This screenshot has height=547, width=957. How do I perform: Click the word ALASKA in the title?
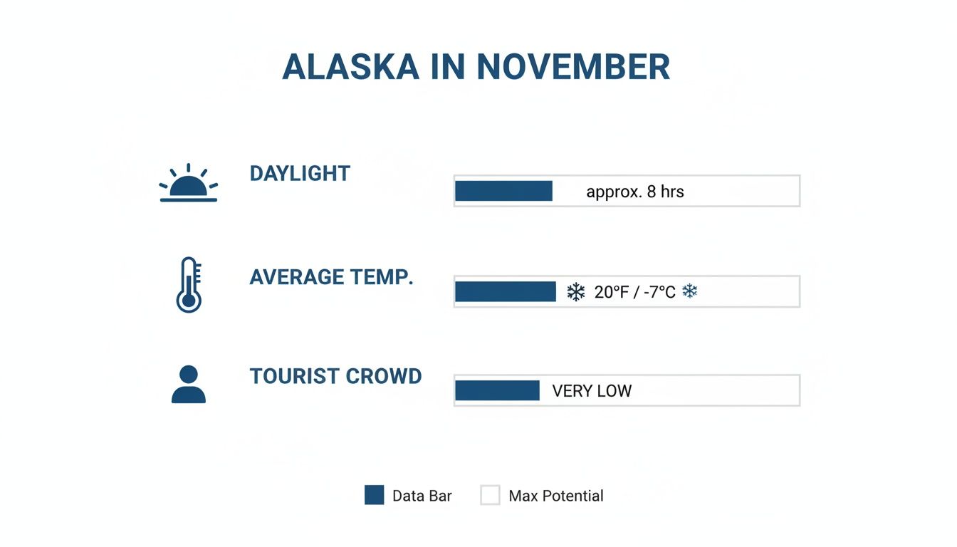point(350,67)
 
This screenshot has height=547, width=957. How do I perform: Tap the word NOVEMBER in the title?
point(573,67)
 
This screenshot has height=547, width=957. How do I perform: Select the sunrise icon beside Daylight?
point(189,184)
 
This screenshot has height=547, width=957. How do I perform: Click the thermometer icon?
point(189,284)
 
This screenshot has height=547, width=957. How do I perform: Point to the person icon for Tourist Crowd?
point(189,385)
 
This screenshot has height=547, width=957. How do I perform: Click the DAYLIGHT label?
point(300,174)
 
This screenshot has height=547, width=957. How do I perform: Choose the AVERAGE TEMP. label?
point(331,277)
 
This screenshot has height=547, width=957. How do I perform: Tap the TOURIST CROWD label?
point(335,376)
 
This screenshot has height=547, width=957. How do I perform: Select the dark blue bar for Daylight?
point(503,191)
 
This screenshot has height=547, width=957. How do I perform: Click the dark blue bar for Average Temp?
point(506,291)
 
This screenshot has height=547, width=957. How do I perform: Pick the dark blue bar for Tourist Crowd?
point(497,390)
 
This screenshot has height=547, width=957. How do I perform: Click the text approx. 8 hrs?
point(634,192)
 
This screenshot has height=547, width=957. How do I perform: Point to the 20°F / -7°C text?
point(634,292)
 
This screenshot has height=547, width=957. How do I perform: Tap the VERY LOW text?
point(592,391)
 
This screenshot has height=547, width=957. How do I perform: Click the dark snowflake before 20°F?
point(575,291)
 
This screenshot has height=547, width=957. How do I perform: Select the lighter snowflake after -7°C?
point(689,291)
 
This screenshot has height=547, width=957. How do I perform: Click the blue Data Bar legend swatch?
point(374,495)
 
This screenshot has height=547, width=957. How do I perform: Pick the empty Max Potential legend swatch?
point(490,495)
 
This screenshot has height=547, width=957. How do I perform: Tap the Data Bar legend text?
point(422,496)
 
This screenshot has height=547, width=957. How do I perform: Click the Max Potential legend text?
point(555,496)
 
